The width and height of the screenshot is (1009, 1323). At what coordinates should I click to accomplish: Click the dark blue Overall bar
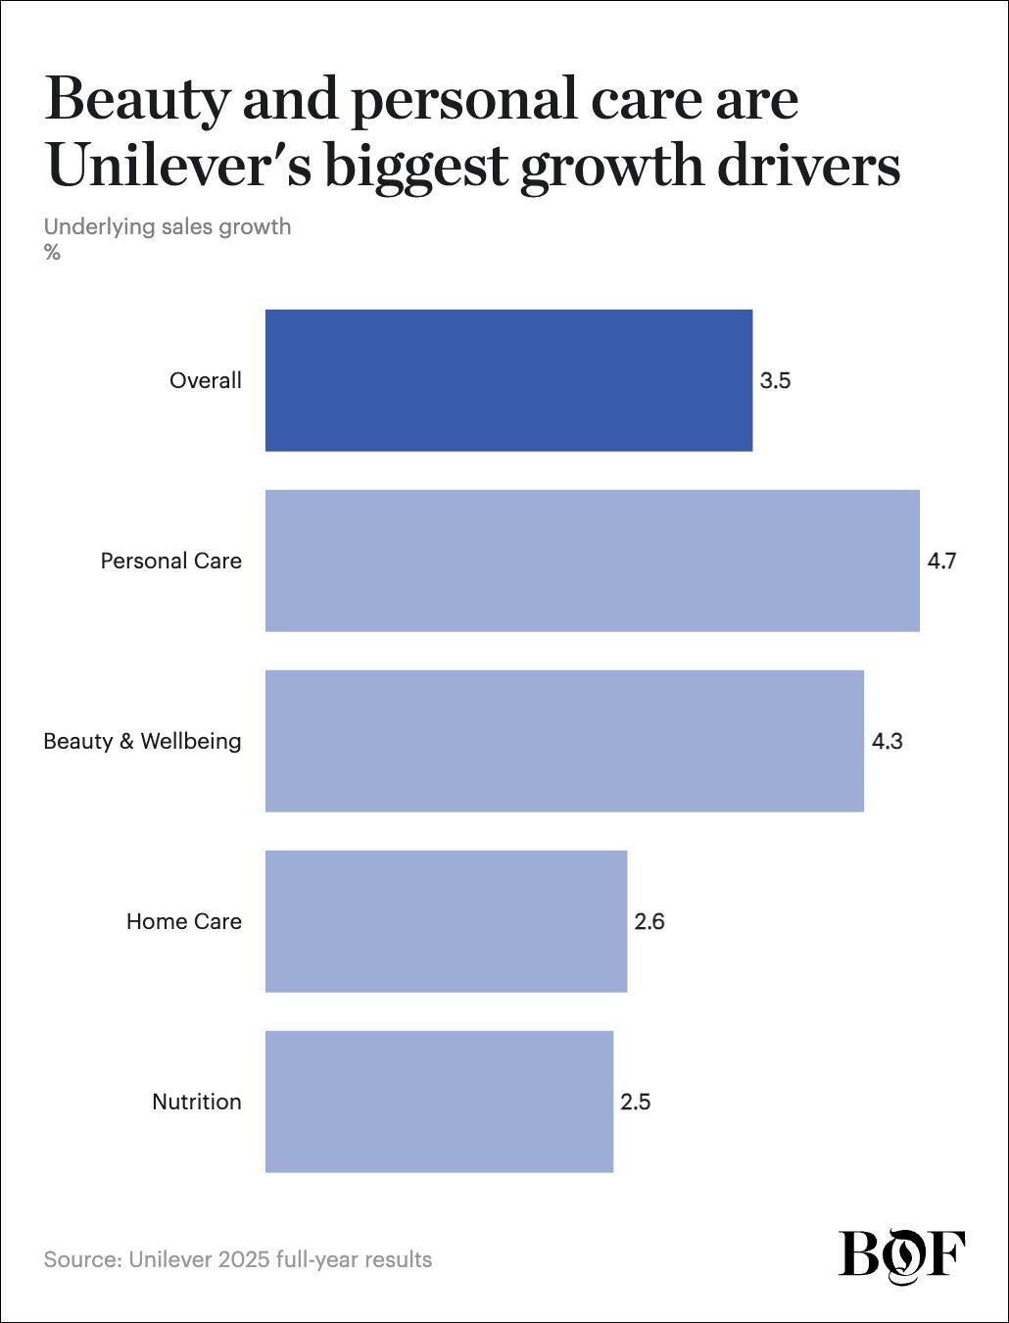pyautogui.click(x=509, y=380)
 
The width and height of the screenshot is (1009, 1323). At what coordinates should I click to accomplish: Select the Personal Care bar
pyautogui.click(x=593, y=561)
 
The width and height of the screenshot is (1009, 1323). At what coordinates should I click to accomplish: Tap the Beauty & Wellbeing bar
pyautogui.click(x=564, y=741)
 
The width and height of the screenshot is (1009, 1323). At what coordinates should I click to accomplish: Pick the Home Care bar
pyautogui.click(x=447, y=921)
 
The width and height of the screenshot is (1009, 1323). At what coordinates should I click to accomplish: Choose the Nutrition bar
pyautogui.click(x=439, y=1102)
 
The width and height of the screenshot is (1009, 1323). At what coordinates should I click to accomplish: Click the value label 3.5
pyautogui.click(x=775, y=381)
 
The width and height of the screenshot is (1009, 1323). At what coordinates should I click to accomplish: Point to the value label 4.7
pyautogui.click(x=941, y=562)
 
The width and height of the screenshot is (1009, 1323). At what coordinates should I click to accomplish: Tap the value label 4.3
pyautogui.click(x=887, y=741)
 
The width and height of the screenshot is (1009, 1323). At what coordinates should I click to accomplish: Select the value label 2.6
pyautogui.click(x=649, y=921)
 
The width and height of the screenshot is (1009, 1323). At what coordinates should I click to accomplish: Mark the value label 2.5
pyautogui.click(x=636, y=1102)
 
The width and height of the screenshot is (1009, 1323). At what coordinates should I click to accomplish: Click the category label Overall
pyautogui.click(x=206, y=381)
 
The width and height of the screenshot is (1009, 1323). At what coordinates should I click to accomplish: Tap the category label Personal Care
pyautogui.click(x=171, y=562)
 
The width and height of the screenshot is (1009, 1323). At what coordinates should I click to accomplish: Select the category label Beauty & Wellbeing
pyautogui.click(x=143, y=741)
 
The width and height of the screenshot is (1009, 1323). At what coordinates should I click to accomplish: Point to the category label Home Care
pyautogui.click(x=184, y=921)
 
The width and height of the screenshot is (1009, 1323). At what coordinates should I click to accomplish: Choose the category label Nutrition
pyautogui.click(x=197, y=1102)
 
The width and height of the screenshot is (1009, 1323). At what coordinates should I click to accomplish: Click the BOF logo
pyautogui.click(x=902, y=1254)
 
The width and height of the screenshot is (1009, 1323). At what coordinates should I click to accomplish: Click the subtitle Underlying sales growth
pyautogui.click(x=168, y=227)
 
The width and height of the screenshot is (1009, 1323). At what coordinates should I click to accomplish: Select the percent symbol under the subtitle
pyautogui.click(x=52, y=253)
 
